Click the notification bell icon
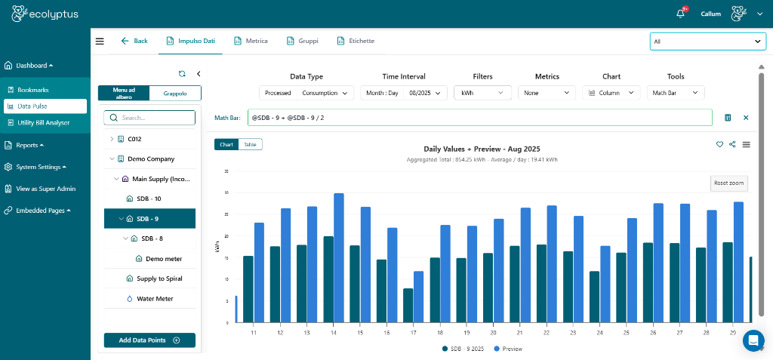coord(681,14)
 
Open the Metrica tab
coord(251,41)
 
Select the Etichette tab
coord(356,41)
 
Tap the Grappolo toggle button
coord(175,93)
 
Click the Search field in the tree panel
coord(149,118)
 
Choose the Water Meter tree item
coord(154,299)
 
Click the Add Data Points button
coord(149,340)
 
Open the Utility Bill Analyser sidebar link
coord(48,122)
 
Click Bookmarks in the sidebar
coord(32,90)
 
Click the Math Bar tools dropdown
coord(675,93)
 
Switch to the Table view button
coord(250,144)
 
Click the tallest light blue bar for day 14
coord(339,257)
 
